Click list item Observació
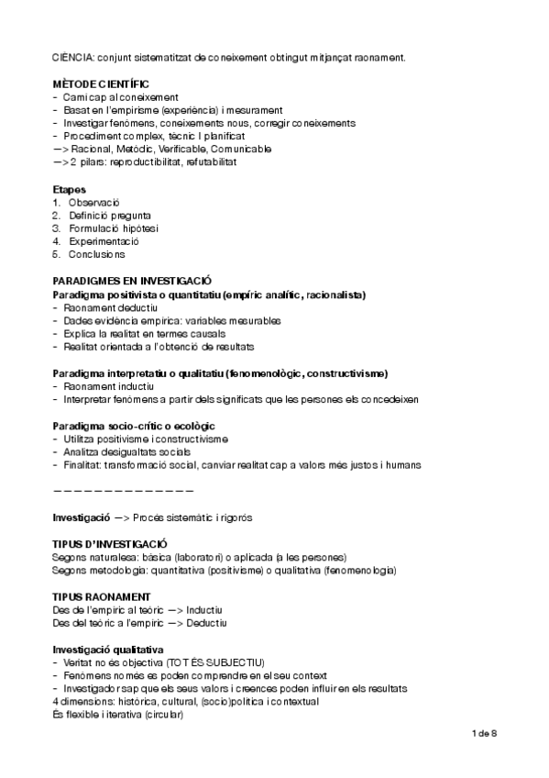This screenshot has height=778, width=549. coord(94,202)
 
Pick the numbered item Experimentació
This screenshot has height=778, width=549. coord(104,240)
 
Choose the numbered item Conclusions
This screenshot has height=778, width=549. coord(96,253)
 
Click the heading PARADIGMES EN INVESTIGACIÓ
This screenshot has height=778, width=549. coord(132,282)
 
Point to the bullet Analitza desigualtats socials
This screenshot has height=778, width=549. coord(127,452)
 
